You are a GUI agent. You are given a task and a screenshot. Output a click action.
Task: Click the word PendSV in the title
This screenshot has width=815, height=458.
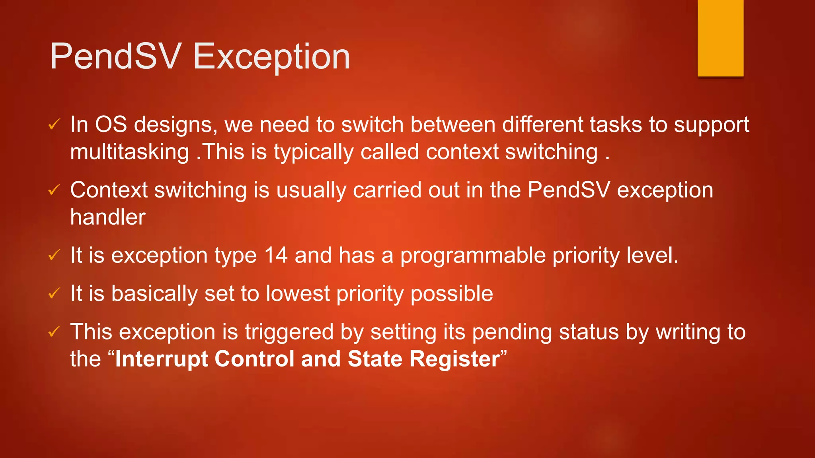pos(116,56)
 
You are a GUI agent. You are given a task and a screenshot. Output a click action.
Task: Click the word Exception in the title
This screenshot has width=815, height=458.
pos(271,56)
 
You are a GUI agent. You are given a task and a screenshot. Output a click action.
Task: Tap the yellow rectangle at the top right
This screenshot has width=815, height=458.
pos(720,38)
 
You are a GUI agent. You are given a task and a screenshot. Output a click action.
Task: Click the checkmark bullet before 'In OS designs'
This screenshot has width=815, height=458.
pos(54,125)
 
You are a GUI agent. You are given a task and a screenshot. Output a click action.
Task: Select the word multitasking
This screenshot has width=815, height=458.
pos(129,152)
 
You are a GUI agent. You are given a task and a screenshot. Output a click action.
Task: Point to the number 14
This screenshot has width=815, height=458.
pos(275,255)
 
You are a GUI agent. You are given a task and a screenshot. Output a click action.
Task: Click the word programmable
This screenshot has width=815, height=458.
pos(473,255)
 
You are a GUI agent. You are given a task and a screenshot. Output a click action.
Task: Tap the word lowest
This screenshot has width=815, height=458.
pos(298,294)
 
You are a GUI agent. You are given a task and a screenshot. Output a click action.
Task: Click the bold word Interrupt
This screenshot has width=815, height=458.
pos(161,359)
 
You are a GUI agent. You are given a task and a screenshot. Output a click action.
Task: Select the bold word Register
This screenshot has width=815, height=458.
pos(454,359)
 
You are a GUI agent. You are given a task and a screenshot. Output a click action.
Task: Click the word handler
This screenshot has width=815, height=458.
pos(108,217)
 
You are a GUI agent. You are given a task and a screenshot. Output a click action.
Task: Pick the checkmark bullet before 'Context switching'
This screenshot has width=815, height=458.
pos(54,190)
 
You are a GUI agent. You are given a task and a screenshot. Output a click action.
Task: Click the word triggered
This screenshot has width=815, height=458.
pos(289,332)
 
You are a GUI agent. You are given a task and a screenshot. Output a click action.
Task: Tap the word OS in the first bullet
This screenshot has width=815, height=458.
pos(111,125)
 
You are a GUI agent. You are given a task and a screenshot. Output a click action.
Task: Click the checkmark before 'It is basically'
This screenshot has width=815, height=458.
pos(54,294)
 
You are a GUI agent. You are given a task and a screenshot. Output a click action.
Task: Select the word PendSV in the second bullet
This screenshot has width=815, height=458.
pos(569,190)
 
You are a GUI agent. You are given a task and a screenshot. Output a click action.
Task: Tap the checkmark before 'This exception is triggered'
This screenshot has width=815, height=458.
pos(54,332)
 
